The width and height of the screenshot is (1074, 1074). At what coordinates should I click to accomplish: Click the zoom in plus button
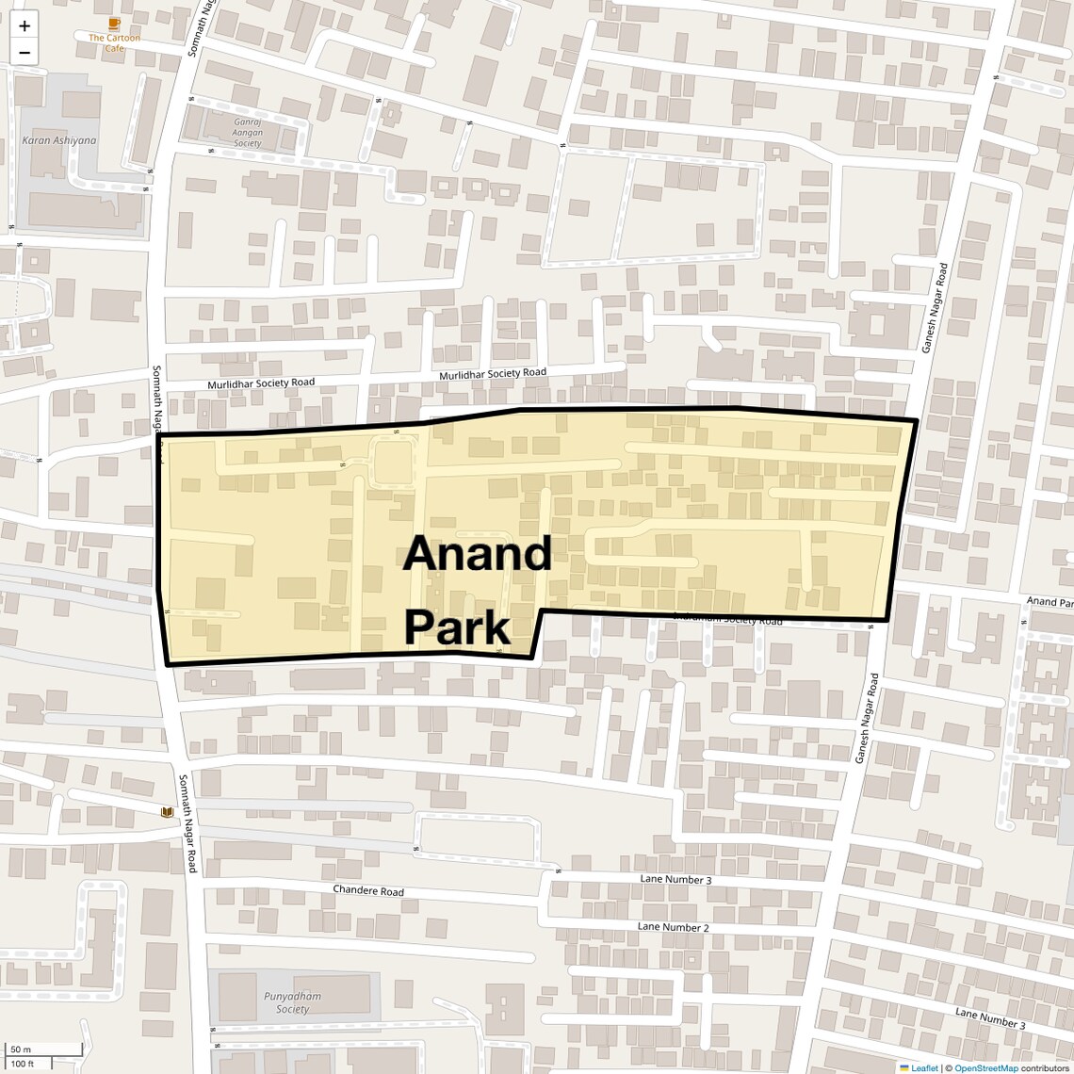(24, 25)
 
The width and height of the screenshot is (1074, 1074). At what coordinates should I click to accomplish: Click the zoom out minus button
(24, 53)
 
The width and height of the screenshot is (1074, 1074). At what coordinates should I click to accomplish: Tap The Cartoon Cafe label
(114, 42)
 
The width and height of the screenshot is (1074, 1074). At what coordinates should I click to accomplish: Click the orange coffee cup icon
(114, 24)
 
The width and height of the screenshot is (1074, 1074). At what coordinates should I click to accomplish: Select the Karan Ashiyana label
(58, 140)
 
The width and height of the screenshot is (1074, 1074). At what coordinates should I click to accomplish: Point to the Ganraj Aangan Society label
(248, 133)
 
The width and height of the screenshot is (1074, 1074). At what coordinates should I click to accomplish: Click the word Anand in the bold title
(477, 554)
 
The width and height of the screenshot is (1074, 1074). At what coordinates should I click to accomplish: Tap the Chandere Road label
(368, 890)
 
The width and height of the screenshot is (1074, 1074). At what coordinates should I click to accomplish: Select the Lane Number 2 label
(673, 927)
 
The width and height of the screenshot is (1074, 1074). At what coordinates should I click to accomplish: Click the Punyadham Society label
(293, 1002)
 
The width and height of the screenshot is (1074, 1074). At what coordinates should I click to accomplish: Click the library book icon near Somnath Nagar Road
(167, 812)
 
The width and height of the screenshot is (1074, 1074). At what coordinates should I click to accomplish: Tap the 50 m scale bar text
(21, 1050)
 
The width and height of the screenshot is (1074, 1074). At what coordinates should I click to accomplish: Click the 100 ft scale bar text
(23, 1065)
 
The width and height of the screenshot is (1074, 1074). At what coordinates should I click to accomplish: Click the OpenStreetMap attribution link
(986, 1068)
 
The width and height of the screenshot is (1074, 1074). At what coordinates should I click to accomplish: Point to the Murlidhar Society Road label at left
(261, 383)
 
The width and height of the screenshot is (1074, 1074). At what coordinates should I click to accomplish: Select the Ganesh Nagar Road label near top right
(936, 307)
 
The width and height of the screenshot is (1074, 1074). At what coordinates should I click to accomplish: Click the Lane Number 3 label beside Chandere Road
(675, 880)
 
